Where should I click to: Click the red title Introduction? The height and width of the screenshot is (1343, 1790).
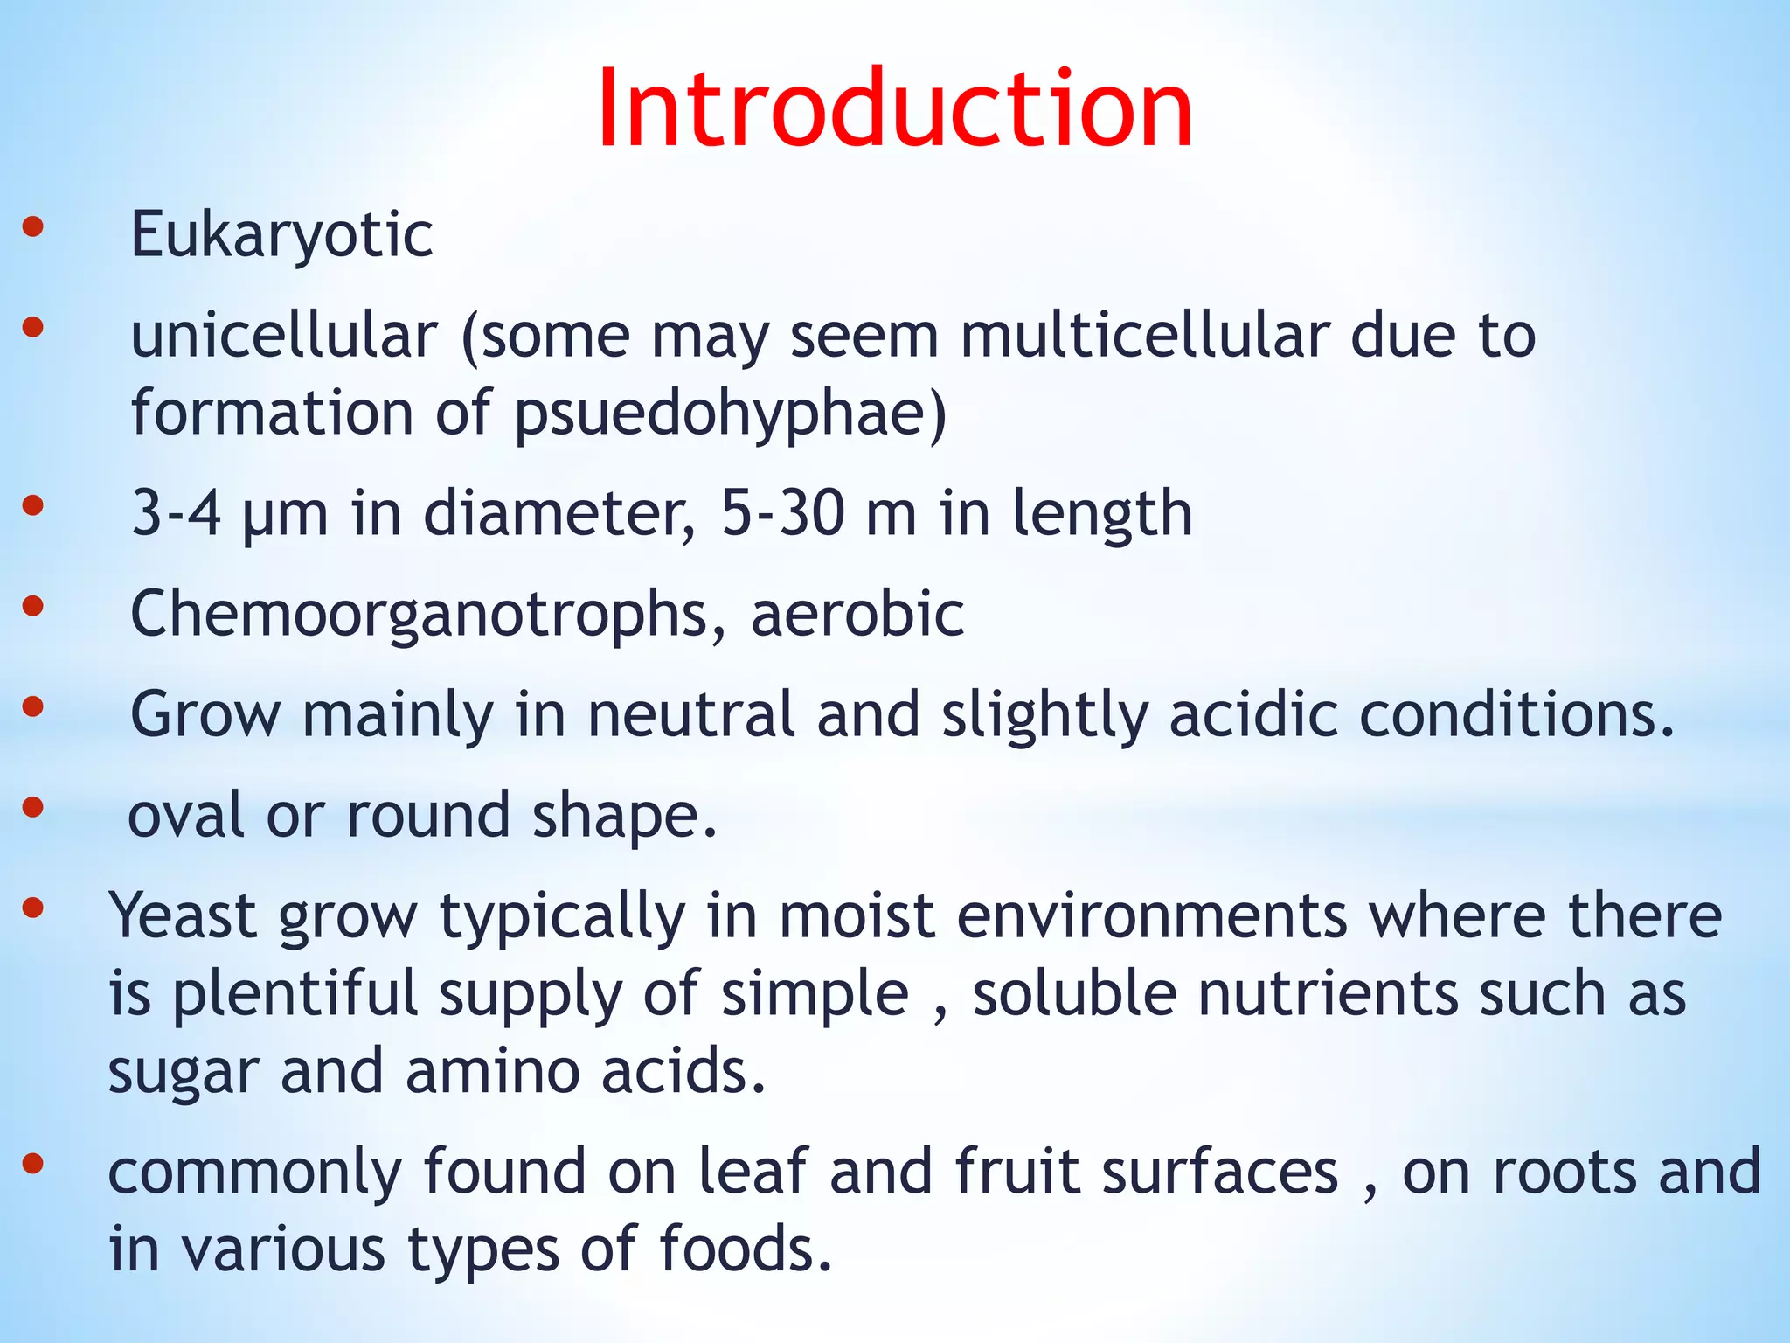click(x=894, y=109)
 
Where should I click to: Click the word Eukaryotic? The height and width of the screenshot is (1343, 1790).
click(x=281, y=235)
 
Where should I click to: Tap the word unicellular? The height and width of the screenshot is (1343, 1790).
click(x=284, y=336)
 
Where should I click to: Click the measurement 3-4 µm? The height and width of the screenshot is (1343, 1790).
click(x=230, y=514)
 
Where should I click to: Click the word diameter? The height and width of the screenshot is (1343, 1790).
click(x=559, y=514)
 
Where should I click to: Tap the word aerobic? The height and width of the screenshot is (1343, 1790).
click(x=857, y=614)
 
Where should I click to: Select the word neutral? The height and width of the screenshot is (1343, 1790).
click(x=690, y=715)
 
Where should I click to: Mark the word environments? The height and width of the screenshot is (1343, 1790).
click(x=1152, y=916)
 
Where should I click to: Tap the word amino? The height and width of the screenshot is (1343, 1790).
click(x=494, y=1072)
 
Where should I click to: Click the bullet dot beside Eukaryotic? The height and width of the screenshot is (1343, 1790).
click(x=32, y=228)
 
